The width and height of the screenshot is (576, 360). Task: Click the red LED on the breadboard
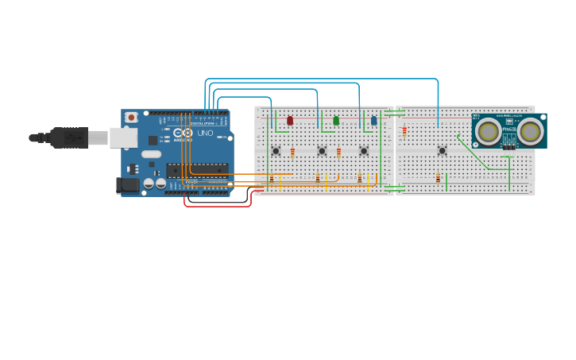click(x=290, y=121)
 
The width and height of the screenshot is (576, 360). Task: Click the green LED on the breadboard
click(x=336, y=121)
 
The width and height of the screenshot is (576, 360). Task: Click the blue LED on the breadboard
click(x=374, y=121)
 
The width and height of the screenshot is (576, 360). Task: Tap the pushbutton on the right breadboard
click(x=443, y=150)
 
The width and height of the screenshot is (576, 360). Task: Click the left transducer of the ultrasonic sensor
click(x=488, y=131)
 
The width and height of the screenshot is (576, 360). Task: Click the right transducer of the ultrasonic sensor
click(x=530, y=131)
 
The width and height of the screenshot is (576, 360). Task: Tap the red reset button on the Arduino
click(x=131, y=118)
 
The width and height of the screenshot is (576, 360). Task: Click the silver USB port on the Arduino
click(x=123, y=137)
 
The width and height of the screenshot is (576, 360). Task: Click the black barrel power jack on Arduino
click(x=127, y=185)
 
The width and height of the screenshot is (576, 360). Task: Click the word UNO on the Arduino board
click(x=206, y=133)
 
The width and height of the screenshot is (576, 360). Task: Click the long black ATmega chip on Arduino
click(x=197, y=169)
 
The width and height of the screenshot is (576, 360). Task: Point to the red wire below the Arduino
click(x=218, y=205)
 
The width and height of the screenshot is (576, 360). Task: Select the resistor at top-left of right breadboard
click(x=404, y=131)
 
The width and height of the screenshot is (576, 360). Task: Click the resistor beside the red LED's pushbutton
click(x=292, y=153)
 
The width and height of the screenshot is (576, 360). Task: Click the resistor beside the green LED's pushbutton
click(x=338, y=153)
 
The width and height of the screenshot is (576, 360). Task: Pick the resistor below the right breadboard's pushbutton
click(x=438, y=179)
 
